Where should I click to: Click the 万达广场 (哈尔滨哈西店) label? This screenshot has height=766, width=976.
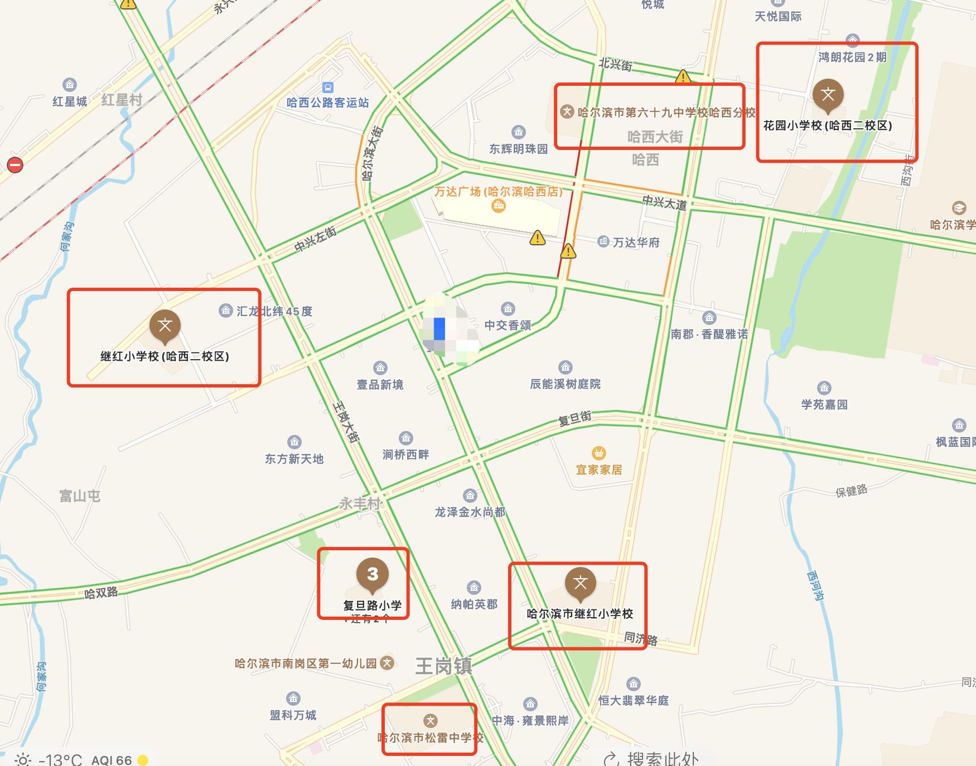tap(498, 192)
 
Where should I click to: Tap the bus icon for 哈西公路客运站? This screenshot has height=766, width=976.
tap(328, 88)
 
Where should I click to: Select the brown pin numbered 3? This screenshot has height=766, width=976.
tap(373, 574)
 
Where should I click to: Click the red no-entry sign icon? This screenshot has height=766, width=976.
tap(15, 165)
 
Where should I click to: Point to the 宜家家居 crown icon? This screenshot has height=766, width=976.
tap(599, 453)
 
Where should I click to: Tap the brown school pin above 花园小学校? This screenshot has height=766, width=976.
tap(828, 95)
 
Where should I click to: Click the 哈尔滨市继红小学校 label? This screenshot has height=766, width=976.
tap(580, 614)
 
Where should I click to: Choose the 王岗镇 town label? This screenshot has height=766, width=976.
tap(444, 666)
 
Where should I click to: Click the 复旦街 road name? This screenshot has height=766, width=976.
tap(574, 419)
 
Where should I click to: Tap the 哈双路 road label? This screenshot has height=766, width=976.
tap(101, 592)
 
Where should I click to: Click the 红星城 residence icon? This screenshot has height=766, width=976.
tap(70, 85)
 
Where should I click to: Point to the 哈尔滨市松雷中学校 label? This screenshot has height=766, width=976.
tap(430, 738)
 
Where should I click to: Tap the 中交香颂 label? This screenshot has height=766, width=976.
tap(508, 325)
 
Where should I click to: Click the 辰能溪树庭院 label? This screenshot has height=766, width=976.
tap(565, 384)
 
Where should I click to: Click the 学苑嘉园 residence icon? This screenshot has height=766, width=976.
tap(824, 388)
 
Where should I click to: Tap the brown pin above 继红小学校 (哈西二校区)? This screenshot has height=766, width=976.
tap(165, 326)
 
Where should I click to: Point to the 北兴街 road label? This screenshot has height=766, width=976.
tap(615, 64)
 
